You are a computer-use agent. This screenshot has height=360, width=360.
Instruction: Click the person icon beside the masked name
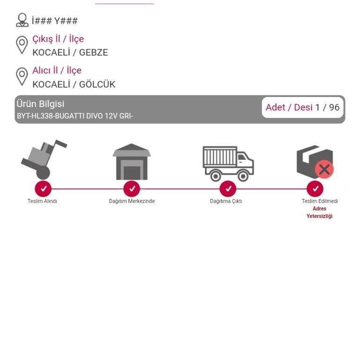(22, 20)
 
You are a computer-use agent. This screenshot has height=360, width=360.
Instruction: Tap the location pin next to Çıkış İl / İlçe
(22, 45)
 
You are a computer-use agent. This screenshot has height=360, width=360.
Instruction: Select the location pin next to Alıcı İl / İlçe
(22, 77)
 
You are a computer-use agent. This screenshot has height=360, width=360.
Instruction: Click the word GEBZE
(93, 52)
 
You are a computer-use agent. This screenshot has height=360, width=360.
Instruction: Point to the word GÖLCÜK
(97, 84)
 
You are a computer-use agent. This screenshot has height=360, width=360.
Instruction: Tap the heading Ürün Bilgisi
(40, 104)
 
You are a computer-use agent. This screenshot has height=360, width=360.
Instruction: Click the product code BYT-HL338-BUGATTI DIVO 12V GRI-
(75, 116)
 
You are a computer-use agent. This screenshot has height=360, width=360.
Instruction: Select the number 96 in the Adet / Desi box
(334, 107)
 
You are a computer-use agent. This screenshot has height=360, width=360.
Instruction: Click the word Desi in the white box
(303, 107)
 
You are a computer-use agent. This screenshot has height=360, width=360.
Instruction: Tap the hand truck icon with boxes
(44, 159)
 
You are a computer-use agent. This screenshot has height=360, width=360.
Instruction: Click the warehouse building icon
(132, 162)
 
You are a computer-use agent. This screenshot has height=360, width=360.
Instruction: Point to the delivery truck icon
(228, 164)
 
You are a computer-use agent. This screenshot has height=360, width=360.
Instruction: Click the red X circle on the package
(324, 169)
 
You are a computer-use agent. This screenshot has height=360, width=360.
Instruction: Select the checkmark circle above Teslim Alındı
(43, 189)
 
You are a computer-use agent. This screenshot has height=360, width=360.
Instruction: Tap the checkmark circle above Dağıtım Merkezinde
(132, 189)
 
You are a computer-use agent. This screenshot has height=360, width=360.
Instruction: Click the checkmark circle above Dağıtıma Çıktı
(228, 189)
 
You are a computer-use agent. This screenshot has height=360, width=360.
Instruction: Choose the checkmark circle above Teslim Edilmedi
(315, 189)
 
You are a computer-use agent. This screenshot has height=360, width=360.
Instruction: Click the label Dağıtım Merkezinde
(132, 201)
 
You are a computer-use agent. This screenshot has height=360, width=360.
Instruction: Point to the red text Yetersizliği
(319, 216)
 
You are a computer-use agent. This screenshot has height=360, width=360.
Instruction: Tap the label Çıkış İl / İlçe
(58, 39)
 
